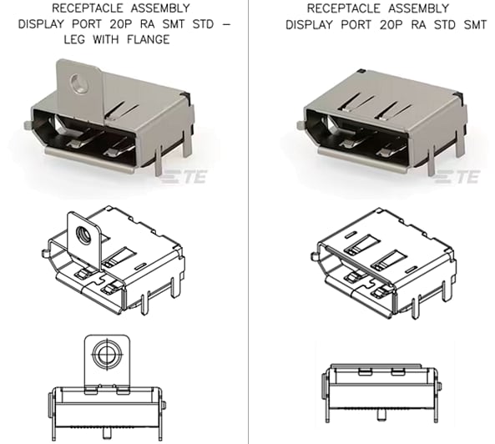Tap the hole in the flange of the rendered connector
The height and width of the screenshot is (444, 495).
point(79,83)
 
